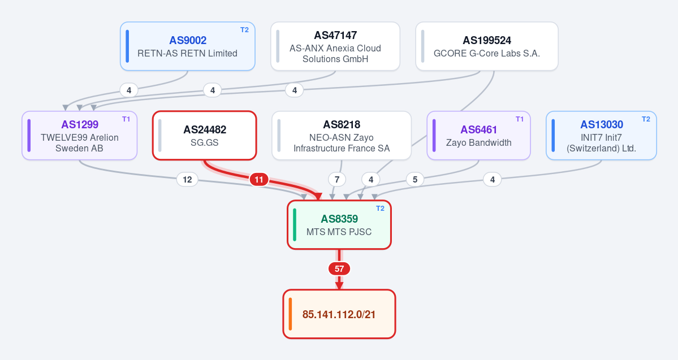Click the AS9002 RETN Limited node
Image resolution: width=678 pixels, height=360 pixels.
(x=188, y=46)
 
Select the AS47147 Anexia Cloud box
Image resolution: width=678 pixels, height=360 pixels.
(x=335, y=46)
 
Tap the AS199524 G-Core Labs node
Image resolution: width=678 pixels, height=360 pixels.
(x=487, y=46)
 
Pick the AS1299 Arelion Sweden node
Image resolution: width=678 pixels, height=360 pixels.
(x=80, y=136)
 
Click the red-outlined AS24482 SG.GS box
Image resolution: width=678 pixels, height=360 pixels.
(x=205, y=136)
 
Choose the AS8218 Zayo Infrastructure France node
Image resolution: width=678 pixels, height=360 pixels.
(x=342, y=136)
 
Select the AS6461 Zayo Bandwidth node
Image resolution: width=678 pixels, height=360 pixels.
(x=478, y=136)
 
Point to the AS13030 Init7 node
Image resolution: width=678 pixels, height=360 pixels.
(x=602, y=136)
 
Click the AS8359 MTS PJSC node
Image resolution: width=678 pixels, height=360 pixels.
(x=339, y=225)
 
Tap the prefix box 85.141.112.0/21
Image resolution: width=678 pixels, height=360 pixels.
(x=339, y=314)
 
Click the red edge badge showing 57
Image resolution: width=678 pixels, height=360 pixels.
(x=339, y=269)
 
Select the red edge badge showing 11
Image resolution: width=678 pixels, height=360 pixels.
(x=259, y=179)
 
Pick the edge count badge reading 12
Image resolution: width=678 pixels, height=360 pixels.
(x=187, y=179)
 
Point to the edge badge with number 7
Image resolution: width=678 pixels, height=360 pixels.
(x=337, y=179)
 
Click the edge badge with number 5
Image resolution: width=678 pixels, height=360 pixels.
(x=415, y=179)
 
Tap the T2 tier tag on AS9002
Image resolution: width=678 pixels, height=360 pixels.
(x=245, y=30)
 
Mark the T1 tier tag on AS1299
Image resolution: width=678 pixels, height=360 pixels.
(x=126, y=119)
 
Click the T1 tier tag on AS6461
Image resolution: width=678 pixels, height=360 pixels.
(x=520, y=119)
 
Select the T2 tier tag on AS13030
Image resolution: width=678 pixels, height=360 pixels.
(x=646, y=119)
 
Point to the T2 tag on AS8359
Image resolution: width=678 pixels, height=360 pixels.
(x=381, y=209)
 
